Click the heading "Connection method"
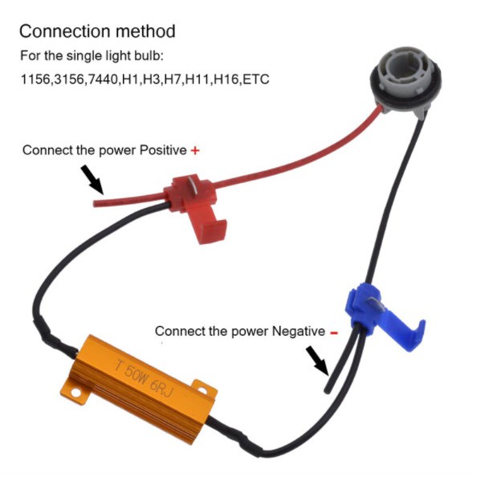pos(97,31)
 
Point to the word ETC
pos(256,79)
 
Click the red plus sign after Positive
pos(195,151)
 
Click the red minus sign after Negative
pos(334,332)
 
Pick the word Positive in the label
pos(163,150)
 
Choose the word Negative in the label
pos(299,332)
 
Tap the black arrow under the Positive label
pos(92,179)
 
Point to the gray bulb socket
pos(406,80)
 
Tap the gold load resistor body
pos(139,389)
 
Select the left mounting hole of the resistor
pos(75,393)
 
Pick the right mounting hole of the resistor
pos(202,391)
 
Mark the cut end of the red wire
pos(95,203)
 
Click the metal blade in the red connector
pos(194,185)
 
